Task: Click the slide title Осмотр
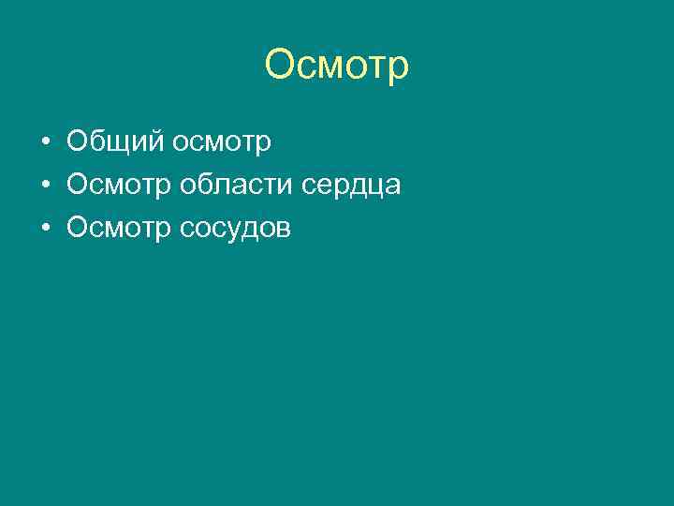click(337, 66)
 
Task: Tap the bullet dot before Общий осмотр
click(45, 142)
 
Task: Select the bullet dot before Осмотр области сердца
click(45, 186)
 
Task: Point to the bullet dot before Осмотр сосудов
click(45, 229)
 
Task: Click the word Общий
click(117, 142)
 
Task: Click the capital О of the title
click(280, 66)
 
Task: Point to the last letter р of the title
click(398, 67)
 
